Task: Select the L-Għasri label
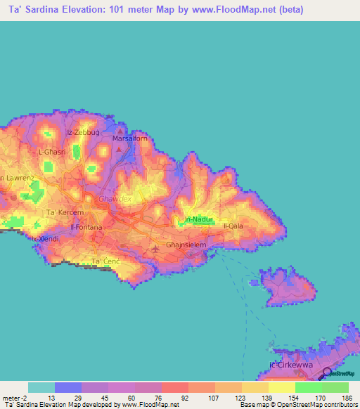[51, 152]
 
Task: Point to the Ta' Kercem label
[60, 212]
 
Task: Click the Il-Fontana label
[86, 228]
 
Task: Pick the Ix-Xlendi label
[45, 239]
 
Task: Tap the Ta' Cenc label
[105, 262]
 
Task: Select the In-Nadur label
[198, 220]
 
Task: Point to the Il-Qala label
[233, 226]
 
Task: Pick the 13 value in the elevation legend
[52, 396]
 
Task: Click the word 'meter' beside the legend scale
[12, 396]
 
